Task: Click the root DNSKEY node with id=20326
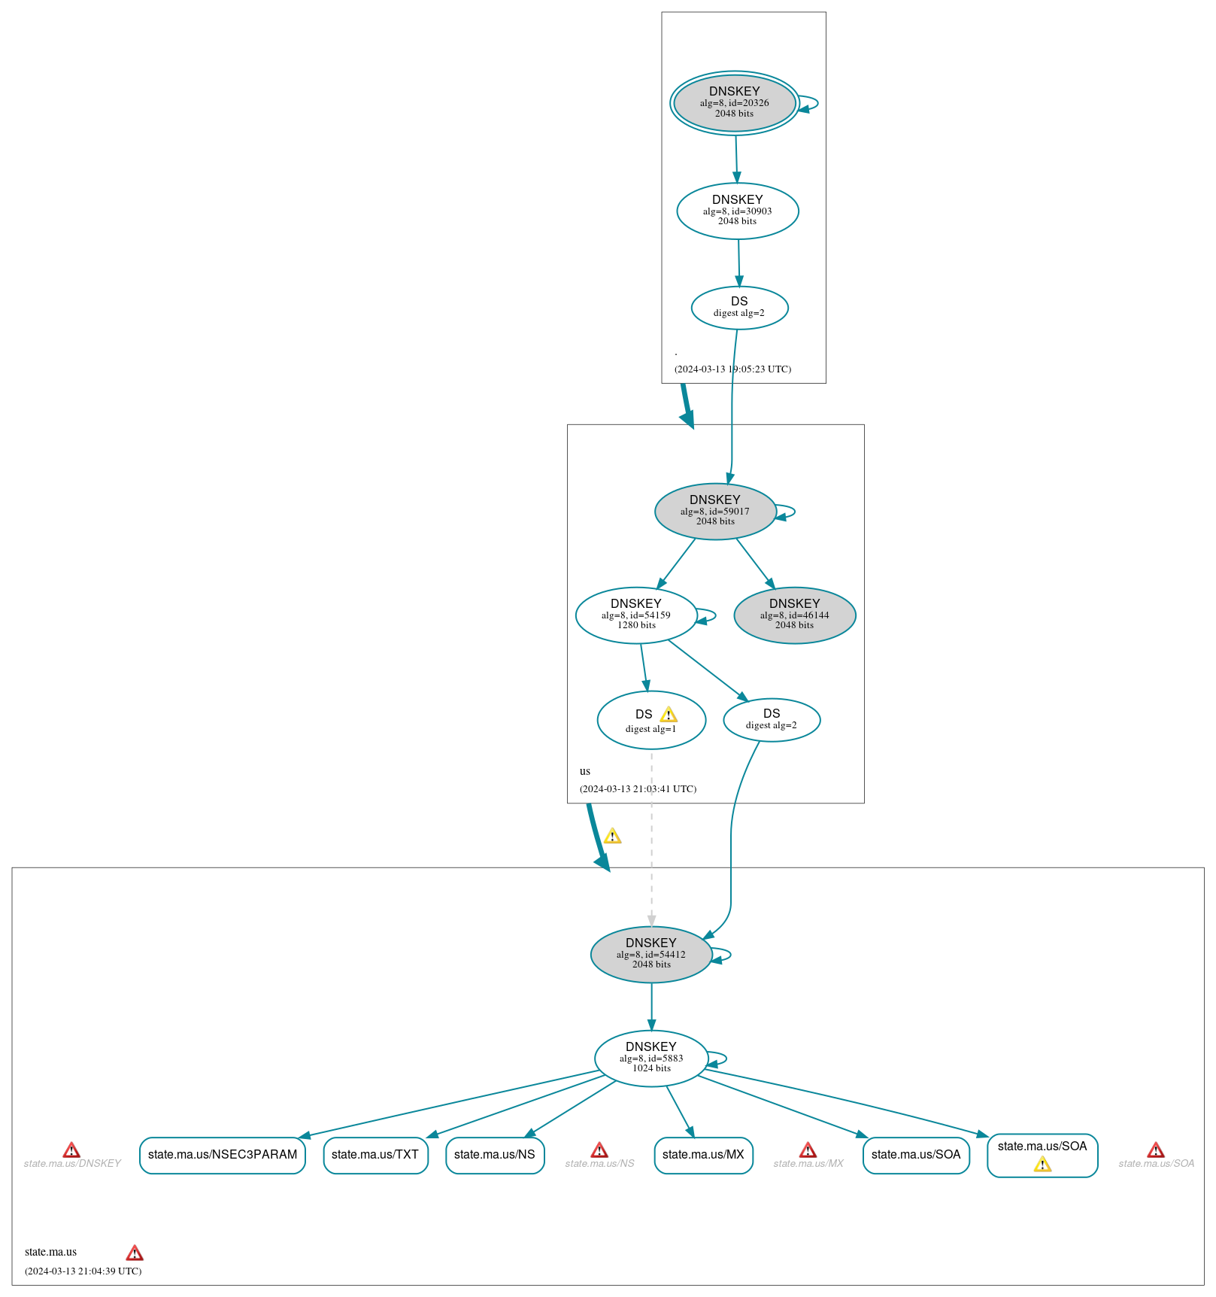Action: [x=734, y=103]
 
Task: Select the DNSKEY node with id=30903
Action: [x=737, y=211]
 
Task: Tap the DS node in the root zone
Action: [x=739, y=308]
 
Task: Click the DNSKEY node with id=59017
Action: [x=714, y=511]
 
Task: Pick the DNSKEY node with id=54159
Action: [x=635, y=615]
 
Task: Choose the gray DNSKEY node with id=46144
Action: [x=794, y=615]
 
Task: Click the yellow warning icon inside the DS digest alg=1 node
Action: [x=669, y=715]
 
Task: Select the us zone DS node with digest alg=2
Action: [x=771, y=720]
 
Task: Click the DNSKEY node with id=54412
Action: [x=650, y=954]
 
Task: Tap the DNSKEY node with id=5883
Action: [x=650, y=1058]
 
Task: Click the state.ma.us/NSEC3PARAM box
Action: [x=223, y=1155]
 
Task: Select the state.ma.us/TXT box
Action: [x=375, y=1155]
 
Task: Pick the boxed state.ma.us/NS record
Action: [x=494, y=1155]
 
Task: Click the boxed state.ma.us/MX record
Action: [x=703, y=1155]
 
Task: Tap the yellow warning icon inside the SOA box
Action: [x=1042, y=1165]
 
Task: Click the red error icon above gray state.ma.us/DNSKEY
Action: [x=71, y=1150]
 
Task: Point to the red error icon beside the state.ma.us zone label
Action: [x=135, y=1253]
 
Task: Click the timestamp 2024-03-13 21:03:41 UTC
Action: [x=638, y=788]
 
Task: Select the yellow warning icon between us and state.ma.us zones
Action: [x=613, y=836]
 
